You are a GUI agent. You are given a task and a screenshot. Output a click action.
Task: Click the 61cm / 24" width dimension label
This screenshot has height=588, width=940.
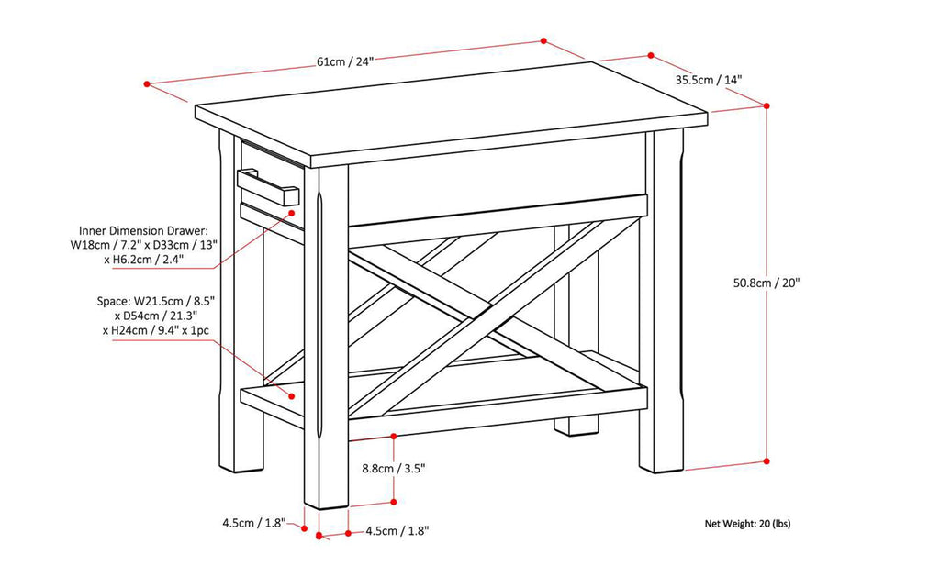pyautogui.click(x=345, y=61)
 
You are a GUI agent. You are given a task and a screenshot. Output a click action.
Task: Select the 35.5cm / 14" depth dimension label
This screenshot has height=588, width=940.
pyautogui.click(x=709, y=80)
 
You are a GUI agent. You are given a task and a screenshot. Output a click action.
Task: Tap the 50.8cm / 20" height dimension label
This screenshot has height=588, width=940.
pyautogui.click(x=767, y=283)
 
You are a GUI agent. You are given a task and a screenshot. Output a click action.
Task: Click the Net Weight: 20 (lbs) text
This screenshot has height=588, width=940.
pyautogui.click(x=747, y=524)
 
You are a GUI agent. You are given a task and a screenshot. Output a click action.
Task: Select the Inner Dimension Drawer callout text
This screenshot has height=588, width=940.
pyautogui.click(x=142, y=244)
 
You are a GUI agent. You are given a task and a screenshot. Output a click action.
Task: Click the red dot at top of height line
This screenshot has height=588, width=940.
pyautogui.click(x=767, y=105)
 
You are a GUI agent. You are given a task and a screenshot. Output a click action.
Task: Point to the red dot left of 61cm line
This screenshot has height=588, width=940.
pyautogui.click(x=147, y=84)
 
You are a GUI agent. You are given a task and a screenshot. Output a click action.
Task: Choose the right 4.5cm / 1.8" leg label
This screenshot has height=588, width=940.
pyautogui.click(x=397, y=530)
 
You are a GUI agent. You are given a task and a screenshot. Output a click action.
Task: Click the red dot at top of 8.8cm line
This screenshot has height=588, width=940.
pyautogui.click(x=394, y=436)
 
